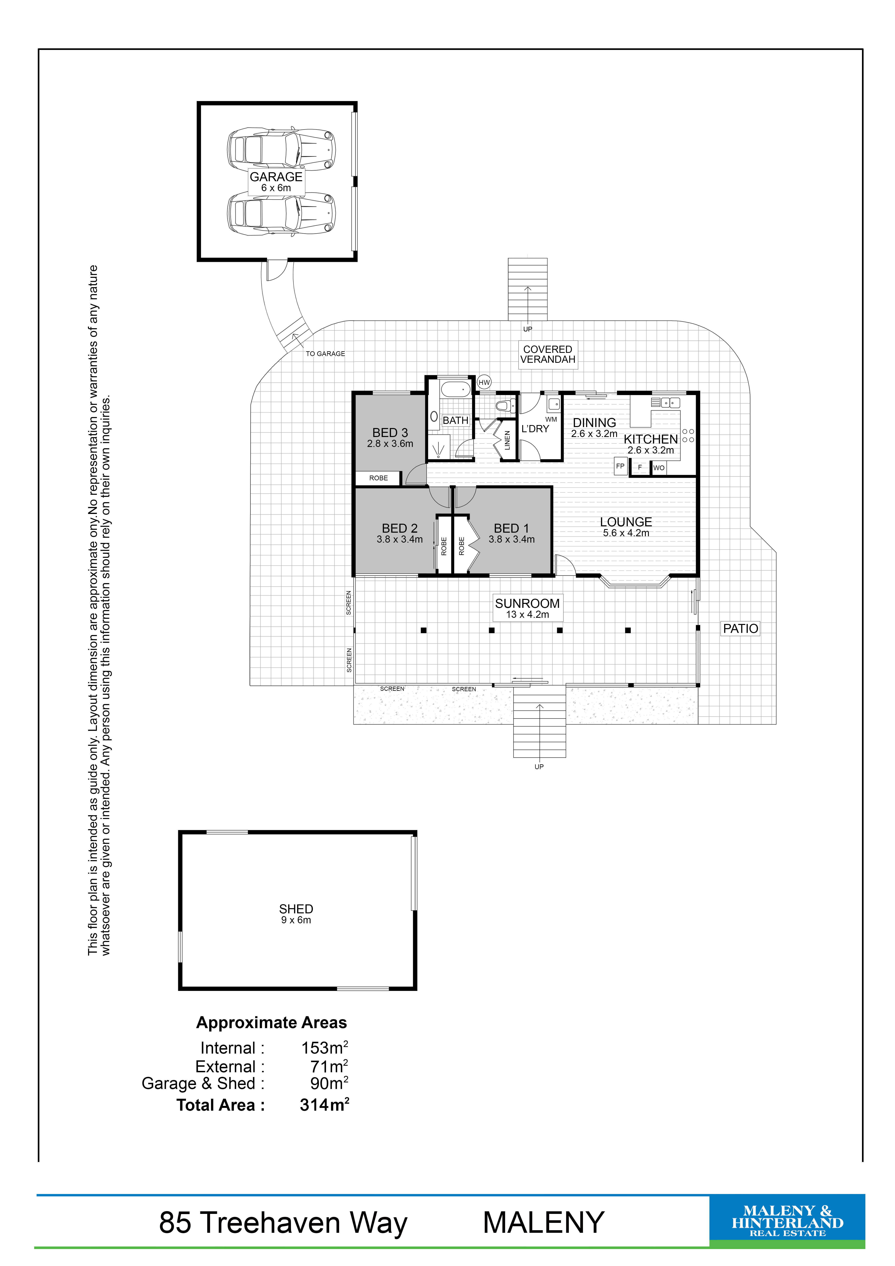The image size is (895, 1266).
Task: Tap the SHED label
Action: click(x=296, y=909)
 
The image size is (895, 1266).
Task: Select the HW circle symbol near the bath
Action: click(x=484, y=382)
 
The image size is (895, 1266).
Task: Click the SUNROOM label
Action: click(x=527, y=603)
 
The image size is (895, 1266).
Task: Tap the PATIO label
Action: click(x=741, y=629)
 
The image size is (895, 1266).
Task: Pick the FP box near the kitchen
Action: click(x=620, y=466)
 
